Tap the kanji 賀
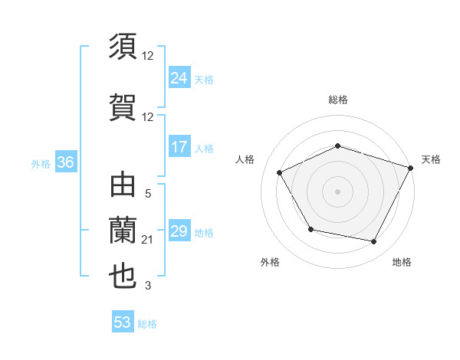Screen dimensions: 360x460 (123, 105)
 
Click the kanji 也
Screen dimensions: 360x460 (123, 276)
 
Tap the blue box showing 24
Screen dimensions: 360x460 (179, 77)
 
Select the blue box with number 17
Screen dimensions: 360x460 (179, 147)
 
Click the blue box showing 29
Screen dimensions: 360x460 (179, 231)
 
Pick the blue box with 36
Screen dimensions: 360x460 (65, 162)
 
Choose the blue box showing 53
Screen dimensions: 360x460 (122, 322)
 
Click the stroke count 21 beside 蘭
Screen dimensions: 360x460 (148, 241)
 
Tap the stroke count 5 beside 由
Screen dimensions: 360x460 (148, 195)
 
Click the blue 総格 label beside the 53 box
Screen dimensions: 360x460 (147, 324)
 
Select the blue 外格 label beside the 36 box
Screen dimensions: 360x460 (41, 163)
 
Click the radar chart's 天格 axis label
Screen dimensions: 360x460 (431, 159)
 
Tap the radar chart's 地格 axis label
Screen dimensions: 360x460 (402, 262)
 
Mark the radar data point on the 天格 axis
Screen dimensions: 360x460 (411, 167)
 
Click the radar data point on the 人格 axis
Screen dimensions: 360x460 (280, 172)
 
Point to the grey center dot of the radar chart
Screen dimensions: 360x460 (337, 191)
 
